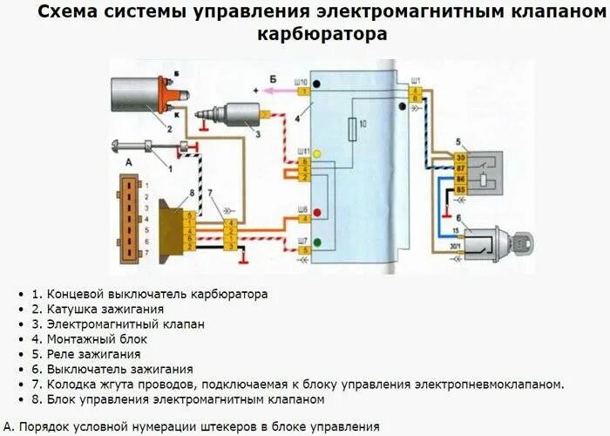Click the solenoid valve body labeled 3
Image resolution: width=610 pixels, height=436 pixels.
tap(235, 115)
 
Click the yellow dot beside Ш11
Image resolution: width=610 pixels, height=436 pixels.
tap(319, 154)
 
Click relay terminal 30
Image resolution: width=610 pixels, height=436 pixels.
tap(459, 157)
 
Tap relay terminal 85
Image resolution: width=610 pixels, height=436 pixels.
tap(459, 188)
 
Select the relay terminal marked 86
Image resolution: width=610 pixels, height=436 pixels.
tap(459, 178)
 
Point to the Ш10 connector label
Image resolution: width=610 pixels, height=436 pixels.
tap(302, 81)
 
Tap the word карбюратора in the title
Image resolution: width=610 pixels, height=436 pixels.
tap(322, 36)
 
